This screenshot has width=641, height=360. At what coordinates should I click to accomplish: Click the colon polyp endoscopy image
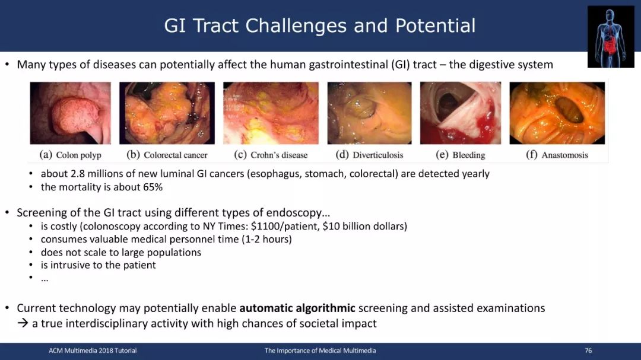coord(70,113)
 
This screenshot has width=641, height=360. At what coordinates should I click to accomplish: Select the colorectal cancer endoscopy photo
coord(167,113)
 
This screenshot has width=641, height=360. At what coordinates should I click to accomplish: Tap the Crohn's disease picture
coord(271,113)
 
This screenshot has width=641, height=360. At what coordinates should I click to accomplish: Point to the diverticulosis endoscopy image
coord(370,113)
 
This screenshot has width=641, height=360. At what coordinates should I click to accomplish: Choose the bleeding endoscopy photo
coord(461,113)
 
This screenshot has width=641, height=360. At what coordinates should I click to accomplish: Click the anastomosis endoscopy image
coord(557,113)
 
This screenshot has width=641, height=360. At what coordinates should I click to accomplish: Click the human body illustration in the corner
coord(611,37)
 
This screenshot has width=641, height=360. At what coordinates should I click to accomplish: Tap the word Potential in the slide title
coord(436,26)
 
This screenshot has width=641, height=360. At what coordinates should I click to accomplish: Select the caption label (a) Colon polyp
coord(70,155)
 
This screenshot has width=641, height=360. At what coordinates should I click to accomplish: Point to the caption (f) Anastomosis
coord(557,155)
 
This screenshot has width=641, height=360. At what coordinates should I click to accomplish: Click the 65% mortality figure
coord(153,187)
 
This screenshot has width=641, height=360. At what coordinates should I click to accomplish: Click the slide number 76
coord(588,351)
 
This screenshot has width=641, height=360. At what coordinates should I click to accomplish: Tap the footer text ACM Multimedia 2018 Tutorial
coord(93,351)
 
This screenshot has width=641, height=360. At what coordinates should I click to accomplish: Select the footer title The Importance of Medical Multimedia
coord(320,351)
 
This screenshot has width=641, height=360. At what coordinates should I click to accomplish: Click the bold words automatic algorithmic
coord(297,308)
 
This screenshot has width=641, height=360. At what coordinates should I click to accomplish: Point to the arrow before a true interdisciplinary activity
coord(23,323)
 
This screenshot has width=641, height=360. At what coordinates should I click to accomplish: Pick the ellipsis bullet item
coord(45,279)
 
